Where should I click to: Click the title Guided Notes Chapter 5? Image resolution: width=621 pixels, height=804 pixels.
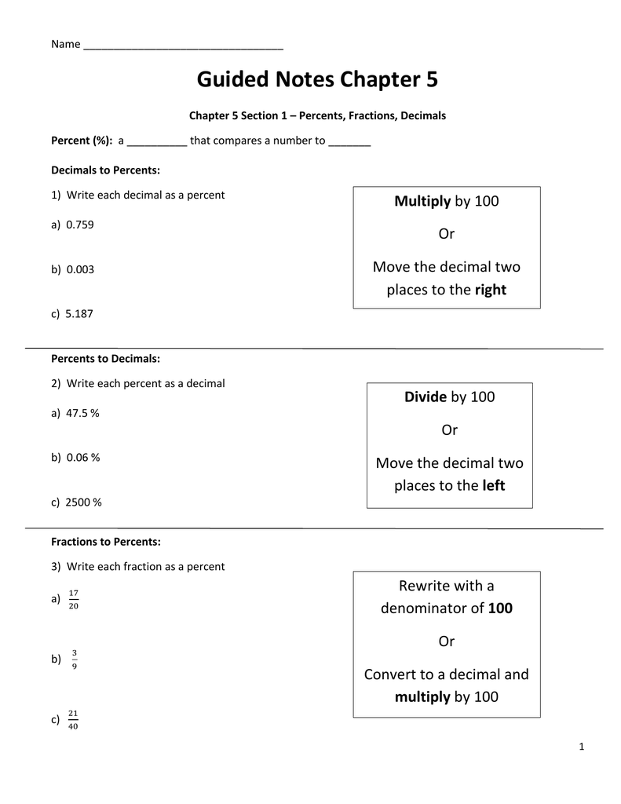tap(317, 80)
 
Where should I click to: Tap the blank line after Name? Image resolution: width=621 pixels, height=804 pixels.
tap(182, 46)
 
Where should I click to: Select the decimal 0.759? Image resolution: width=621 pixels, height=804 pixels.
tap(80, 225)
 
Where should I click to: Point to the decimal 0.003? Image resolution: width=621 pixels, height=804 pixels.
tap(80, 269)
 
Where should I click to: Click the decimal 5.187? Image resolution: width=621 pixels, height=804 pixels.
tap(80, 313)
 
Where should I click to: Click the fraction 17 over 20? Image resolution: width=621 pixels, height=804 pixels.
tap(74, 598)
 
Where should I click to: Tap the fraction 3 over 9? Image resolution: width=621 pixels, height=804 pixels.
tap(74, 659)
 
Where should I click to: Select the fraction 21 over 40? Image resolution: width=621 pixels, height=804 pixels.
tap(74, 719)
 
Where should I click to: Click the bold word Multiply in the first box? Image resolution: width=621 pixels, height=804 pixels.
tap(422, 202)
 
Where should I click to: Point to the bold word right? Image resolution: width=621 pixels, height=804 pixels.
tap(491, 291)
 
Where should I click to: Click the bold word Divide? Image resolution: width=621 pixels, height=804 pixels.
tap(426, 397)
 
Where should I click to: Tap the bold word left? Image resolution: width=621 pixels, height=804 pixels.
tap(494, 486)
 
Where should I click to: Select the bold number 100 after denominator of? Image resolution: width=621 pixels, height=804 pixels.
tap(500, 608)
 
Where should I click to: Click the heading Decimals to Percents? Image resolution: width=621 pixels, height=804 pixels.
tap(105, 170)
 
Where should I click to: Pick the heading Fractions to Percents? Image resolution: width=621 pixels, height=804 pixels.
tap(105, 542)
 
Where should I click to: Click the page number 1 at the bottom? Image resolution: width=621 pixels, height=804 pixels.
tap(581, 747)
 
